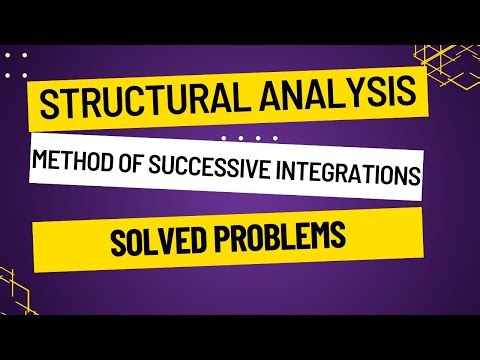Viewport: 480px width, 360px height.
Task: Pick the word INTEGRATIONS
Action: [x=336, y=173]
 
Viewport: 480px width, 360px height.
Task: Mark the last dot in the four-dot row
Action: [x=273, y=137]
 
